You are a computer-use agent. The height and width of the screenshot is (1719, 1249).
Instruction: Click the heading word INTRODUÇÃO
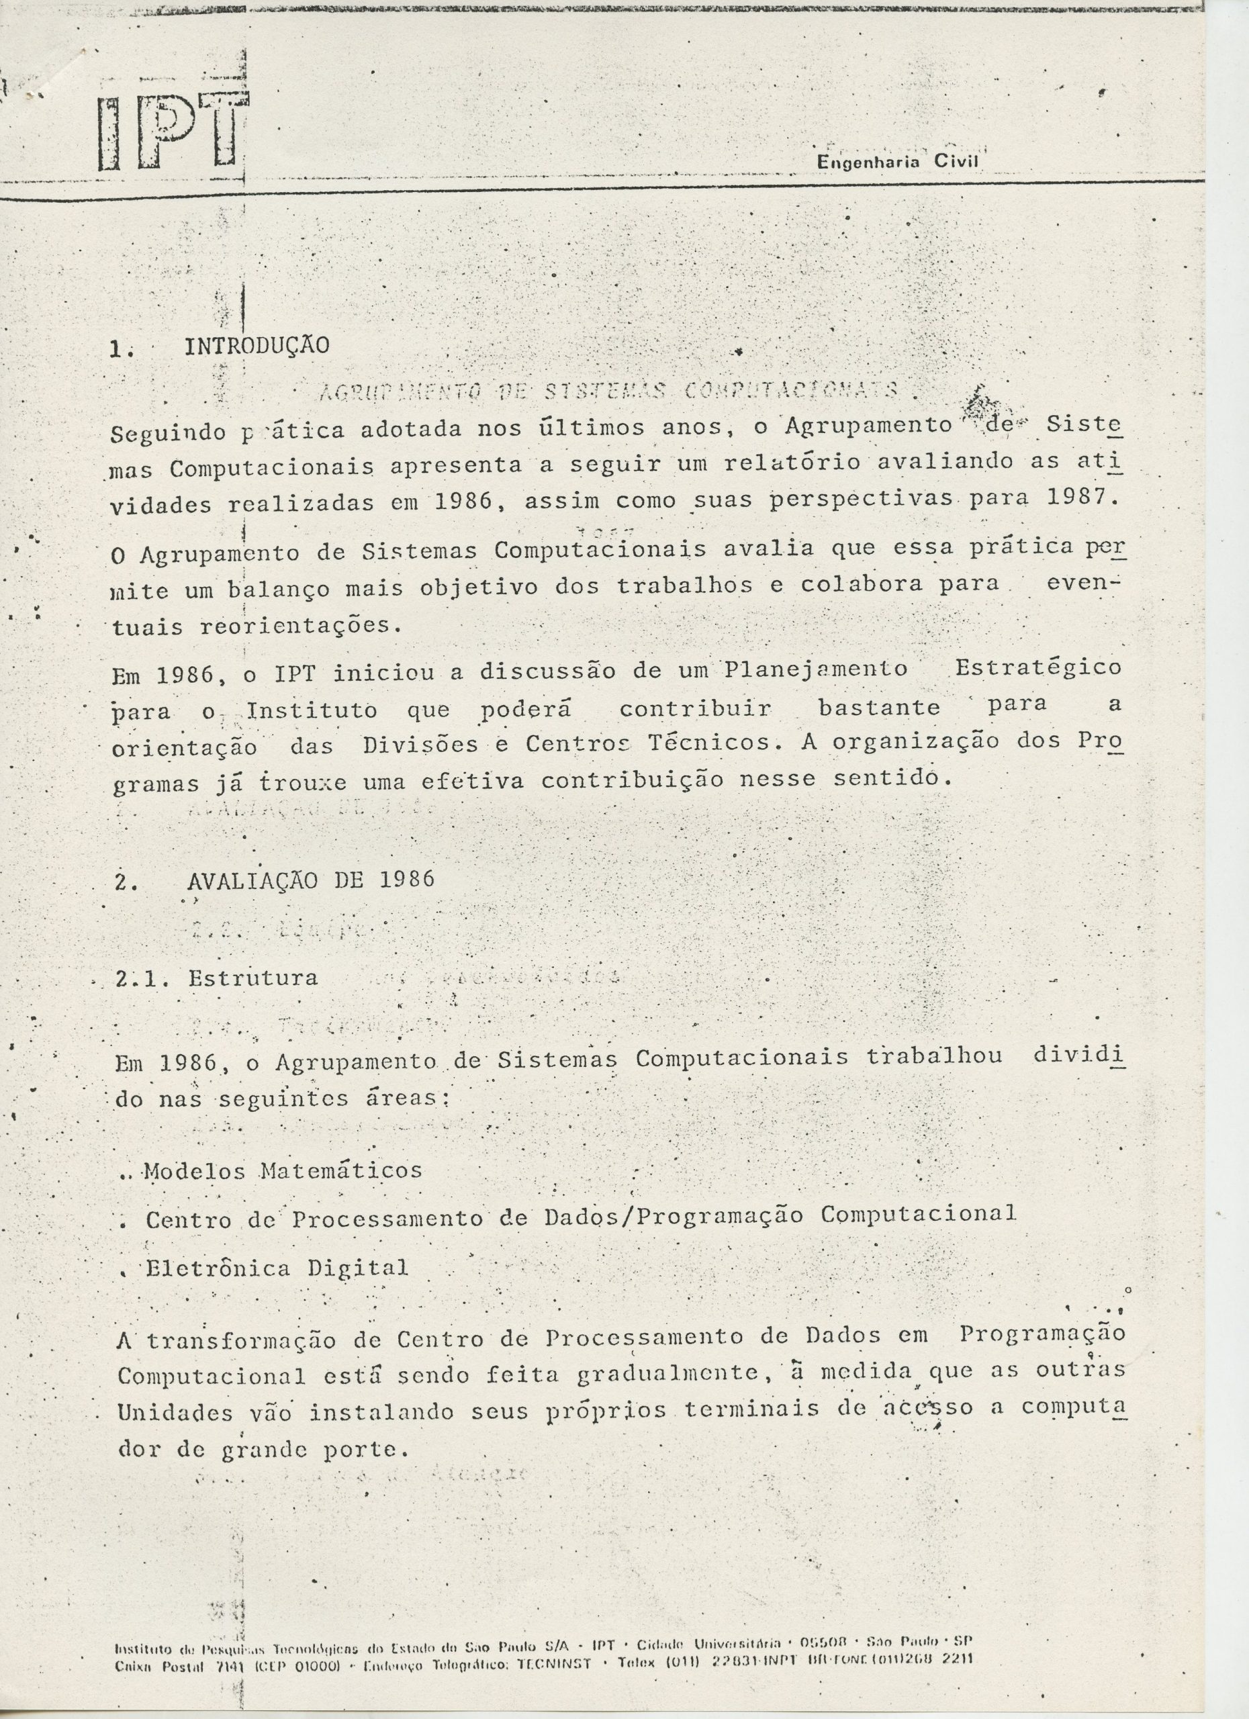[257, 346]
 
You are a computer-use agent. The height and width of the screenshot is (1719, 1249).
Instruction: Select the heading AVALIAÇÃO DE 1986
[311, 880]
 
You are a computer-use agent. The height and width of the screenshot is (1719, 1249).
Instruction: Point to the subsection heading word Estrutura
[253, 978]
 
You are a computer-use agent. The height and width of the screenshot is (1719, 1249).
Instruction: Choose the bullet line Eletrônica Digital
[277, 1268]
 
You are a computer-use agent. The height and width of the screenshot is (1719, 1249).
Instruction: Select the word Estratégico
[1037, 667]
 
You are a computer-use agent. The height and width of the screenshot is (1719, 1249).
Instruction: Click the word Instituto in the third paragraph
[312, 711]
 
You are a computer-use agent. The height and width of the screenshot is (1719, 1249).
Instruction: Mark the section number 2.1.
[141, 978]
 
